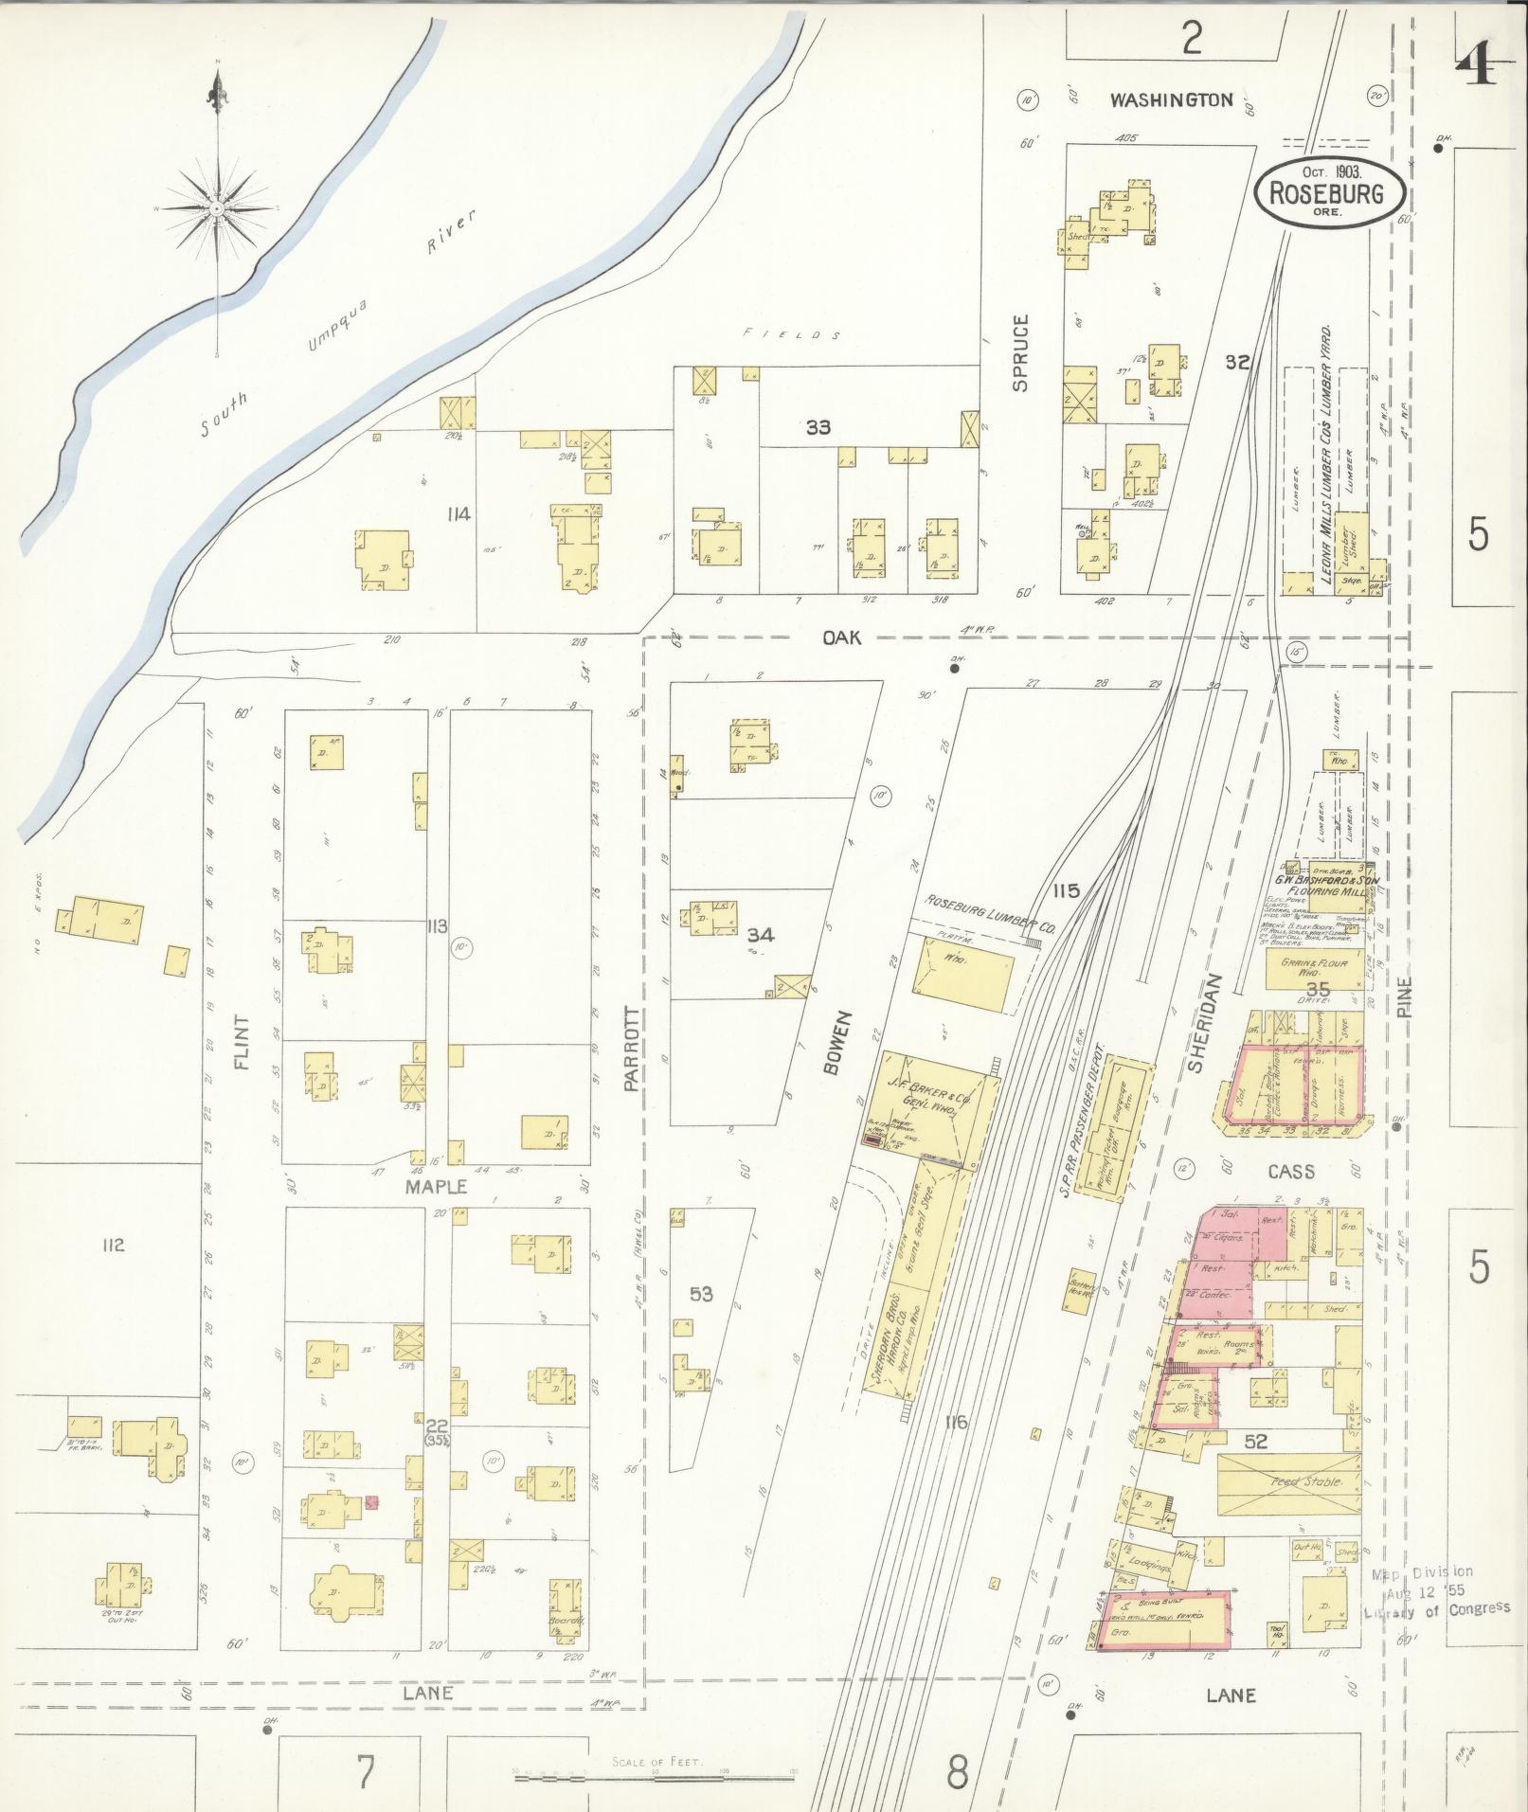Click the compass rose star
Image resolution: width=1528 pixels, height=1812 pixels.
coord(218,206)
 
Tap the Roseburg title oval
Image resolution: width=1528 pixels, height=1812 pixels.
coord(1328,191)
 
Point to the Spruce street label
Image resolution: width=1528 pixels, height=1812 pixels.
coord(1019,352)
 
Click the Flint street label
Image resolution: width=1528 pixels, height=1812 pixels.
coord(242,1044)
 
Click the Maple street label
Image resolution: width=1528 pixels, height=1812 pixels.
coord(438,1186)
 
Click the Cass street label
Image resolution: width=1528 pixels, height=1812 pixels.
coord(1291,1172)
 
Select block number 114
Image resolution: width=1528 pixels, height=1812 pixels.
coord(461,514)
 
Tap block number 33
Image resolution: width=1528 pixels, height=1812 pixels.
coord(818,427)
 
